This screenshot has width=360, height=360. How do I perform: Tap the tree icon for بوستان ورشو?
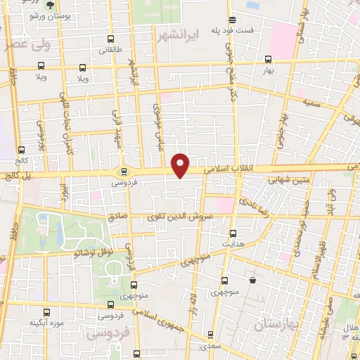point(49,4)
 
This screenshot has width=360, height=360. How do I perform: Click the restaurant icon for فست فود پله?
point(233,20)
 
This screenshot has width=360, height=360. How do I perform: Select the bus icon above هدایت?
point(233,233)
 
